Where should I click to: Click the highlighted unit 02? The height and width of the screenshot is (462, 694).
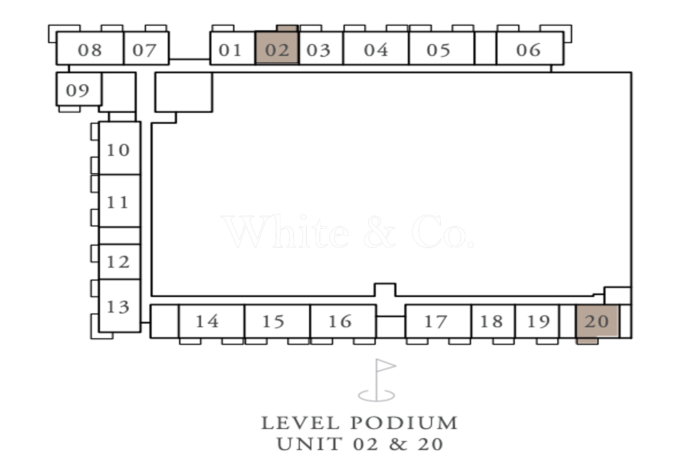point(277,48)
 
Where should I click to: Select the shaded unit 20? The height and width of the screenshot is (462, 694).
point(597,321)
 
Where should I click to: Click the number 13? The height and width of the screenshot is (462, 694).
point(118,307)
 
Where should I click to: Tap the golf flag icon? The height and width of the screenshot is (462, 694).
point(377,380)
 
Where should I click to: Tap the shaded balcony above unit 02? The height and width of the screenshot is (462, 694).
point(287,29)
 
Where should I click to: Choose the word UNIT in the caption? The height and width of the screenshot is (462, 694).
point(310,444)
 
